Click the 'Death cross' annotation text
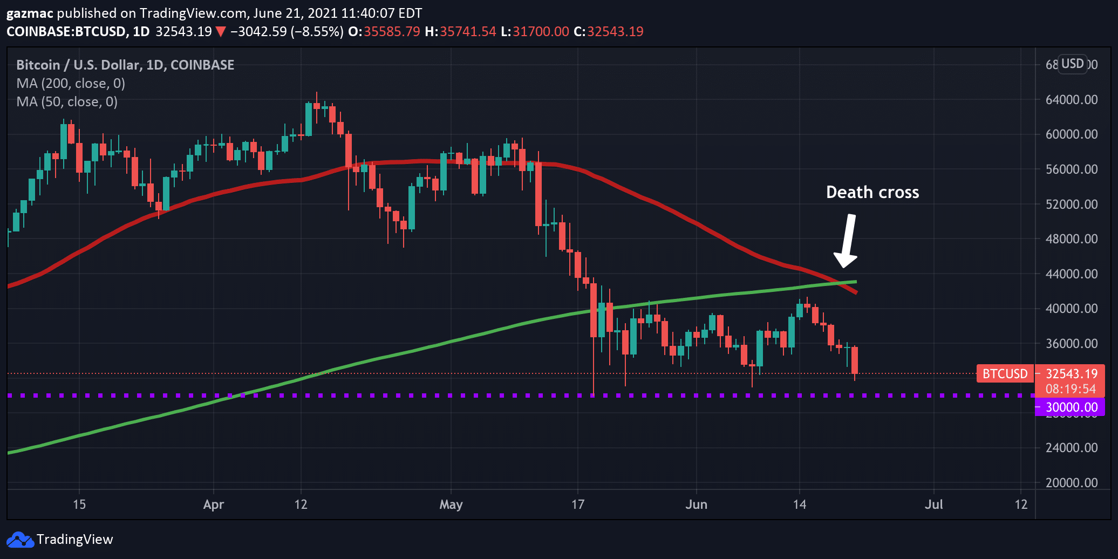(872, 193)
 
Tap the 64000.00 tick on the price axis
(1071, 100)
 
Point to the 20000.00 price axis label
(1071, 483)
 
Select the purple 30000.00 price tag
(1069, 407)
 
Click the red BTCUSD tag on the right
(1004, 374)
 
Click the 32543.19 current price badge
(1071, 374)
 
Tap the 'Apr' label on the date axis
(214, 505)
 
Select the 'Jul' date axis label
(933, 505)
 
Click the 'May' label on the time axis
(451, 505)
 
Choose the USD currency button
(1072, 64)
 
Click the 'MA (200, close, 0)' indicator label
(71, 84)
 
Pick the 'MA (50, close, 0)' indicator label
(67, 102)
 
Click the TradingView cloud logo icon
(20, 540)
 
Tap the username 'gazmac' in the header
(30, 13)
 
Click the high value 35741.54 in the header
(467, 32)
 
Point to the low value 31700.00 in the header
(540, 32)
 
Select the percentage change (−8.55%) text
(317, 32)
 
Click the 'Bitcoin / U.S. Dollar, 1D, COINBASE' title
(125, 65)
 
